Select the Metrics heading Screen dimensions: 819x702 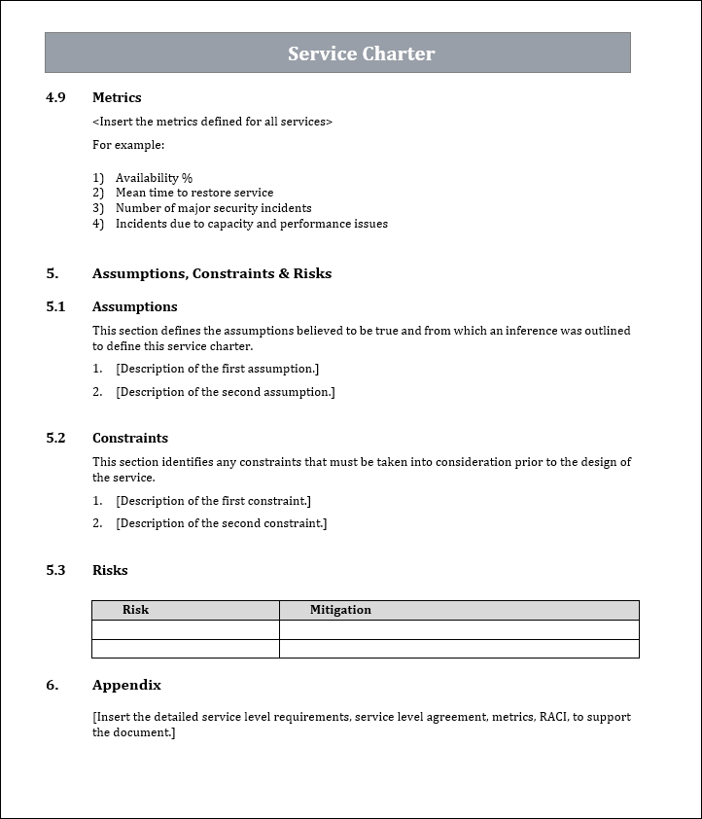coord(117,97)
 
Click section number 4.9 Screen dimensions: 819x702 coord(55,97)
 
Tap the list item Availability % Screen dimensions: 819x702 coord(154,178)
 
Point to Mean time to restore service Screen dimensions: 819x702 coord(194,193)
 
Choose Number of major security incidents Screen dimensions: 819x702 coord(213,208)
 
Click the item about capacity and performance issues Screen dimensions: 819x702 coord(251,224)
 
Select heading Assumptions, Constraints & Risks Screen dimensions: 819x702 coord(212,273)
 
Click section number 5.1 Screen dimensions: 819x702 coord(55,306)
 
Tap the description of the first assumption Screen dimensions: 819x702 coord(217,369)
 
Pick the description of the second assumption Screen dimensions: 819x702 coord(225,392)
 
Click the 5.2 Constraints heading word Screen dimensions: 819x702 coord(130,438)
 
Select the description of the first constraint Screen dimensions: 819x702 coord(213,501)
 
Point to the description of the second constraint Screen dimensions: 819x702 coord(221,523)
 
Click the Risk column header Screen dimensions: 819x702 coord(136,610)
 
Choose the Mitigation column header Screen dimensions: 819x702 coord(340,610)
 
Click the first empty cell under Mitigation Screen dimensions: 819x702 coord(459,629)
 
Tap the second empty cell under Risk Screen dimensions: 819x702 coord(186,649)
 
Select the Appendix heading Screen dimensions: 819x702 coord(126,685)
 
